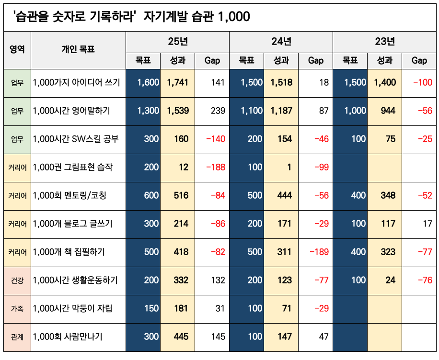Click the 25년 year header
tap(178, 42)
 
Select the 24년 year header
tap(281, 42)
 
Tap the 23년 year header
tap(385, 42)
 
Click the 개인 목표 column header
tap(78, 49)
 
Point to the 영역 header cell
tap(17, 49)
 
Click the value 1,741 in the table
tap(178, 82)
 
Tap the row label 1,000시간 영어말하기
tap(72, 111)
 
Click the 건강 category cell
tap(17, 280)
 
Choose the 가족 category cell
tap(17, 308)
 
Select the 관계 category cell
tap(17, 337)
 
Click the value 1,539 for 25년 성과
tap(178, 111)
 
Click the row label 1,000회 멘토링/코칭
tap(70, 195)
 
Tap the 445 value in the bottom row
tap(181, 337)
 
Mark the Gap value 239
tap(218, 111)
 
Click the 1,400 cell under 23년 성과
tap(385, 82)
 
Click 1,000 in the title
tap(233, 17)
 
